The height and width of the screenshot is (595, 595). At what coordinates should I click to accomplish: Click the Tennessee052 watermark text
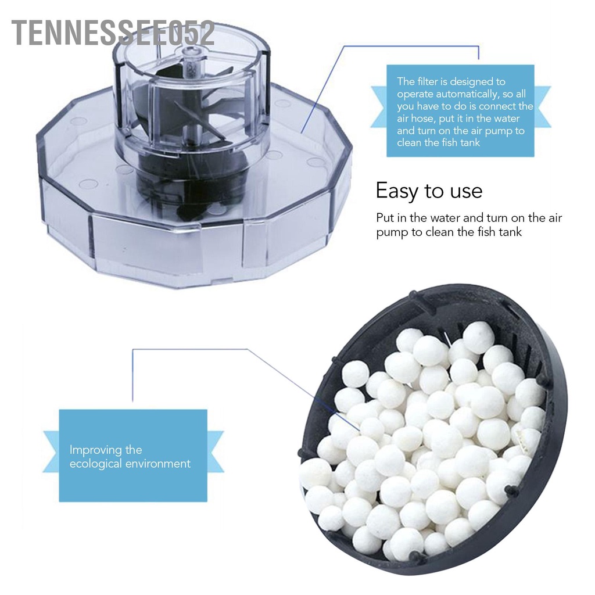click(x=113, y=34)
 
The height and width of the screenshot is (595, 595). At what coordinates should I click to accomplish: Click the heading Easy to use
click(x=429, y=191)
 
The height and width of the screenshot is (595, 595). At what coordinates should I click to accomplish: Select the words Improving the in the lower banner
click(x=106, y=450)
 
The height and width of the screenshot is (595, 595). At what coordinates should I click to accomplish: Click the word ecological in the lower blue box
click(x=95, y=464)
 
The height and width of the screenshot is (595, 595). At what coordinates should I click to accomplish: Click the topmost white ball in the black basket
click(x=479, y=337)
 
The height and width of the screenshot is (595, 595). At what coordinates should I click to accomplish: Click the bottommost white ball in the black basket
click(x=405, y=544)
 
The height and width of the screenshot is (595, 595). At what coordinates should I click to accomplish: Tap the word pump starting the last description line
click(x=389, y=232)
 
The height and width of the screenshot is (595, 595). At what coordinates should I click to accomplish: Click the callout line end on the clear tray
click(x=302, y=132)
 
